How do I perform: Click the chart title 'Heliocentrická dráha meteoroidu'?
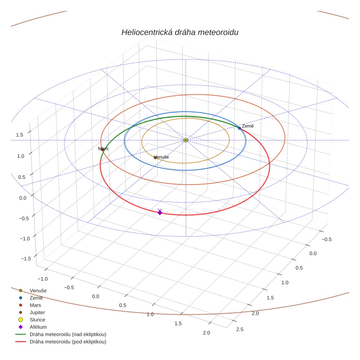click(x=180, y=33)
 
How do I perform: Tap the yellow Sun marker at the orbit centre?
click(x=186, y=140)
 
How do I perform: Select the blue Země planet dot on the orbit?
click(x=239, y=128)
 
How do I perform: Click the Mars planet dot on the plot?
click(x=102, y=149)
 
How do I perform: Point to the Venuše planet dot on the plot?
click(x=155, y=158)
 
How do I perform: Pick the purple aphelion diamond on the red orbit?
click(x=160, y=213)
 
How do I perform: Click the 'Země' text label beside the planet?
click(x=248, y=126)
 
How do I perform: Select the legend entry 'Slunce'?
click(x=37, y=320)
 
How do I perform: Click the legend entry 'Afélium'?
click(x=38, y=327)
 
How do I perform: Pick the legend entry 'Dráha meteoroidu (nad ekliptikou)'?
click(x=68, y=334)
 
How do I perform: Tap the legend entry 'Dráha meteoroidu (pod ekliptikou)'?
click(x=68, y=342)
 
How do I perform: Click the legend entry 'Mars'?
click(x=35, y=305)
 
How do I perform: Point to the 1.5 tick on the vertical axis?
click(x=19, y=135)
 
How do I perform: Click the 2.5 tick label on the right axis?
click(x=240, y=329)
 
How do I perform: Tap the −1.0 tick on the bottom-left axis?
click(x=42, y=278)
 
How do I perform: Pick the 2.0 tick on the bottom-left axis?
click(x=206, y=333)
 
